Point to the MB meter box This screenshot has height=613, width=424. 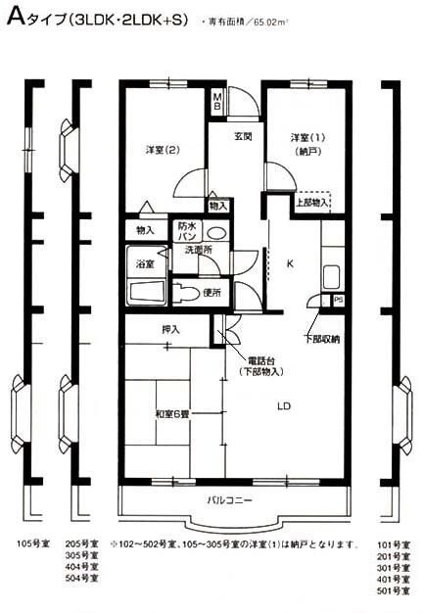(217, 101)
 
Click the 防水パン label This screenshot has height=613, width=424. (188, 233)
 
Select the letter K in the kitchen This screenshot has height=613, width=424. (290, 263)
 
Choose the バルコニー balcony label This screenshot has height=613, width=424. (231, 501)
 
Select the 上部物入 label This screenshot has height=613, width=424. (311, 203)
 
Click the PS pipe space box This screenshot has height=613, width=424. (339, 300)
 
